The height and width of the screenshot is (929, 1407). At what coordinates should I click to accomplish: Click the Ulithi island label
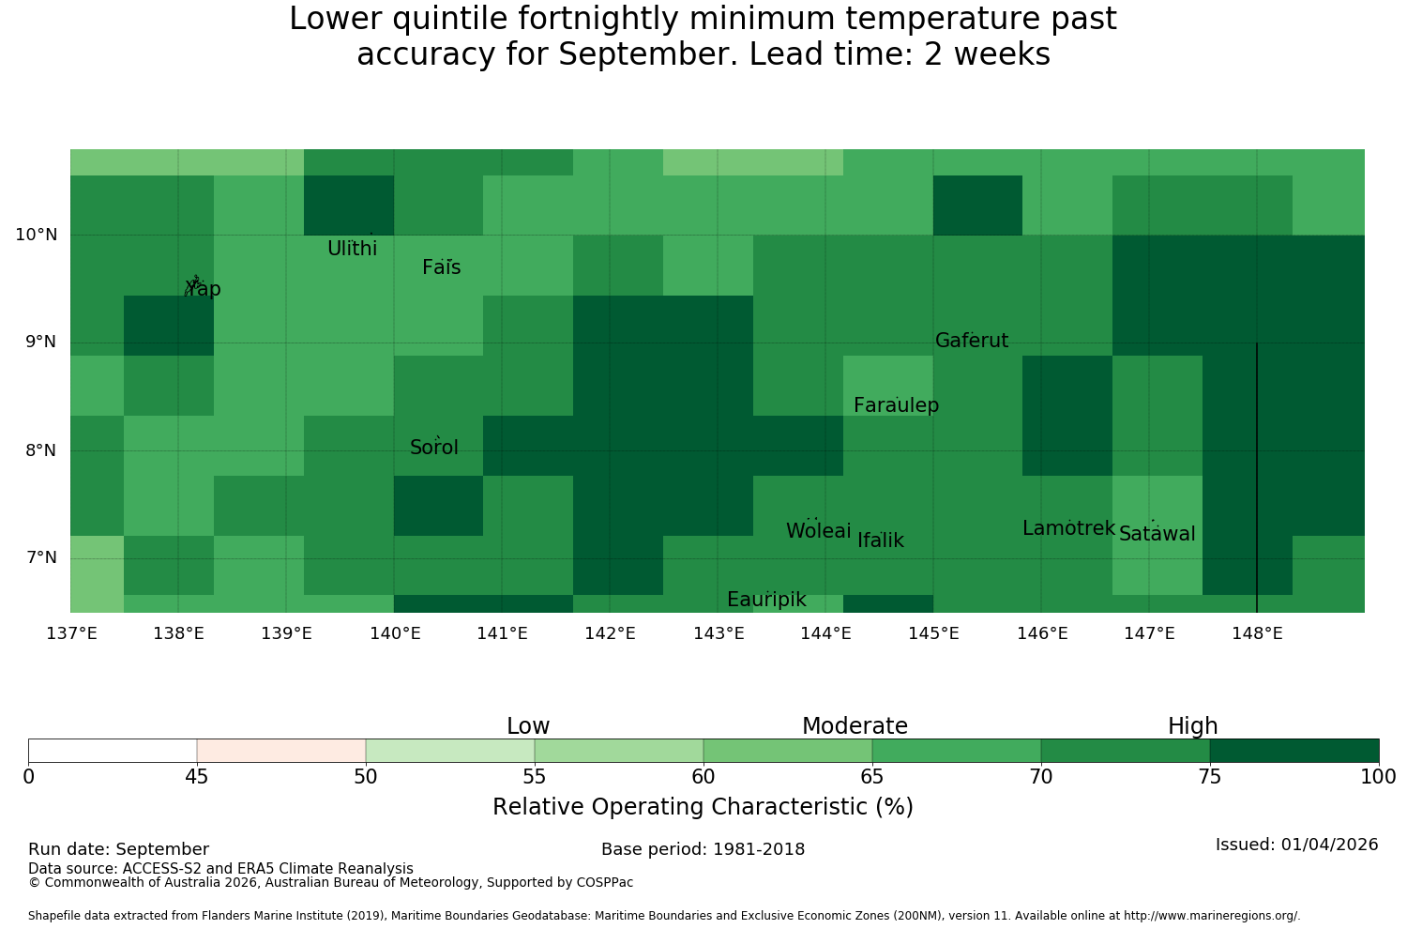tap(353, 249)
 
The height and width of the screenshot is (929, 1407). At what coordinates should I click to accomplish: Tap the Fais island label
tap(442, 267)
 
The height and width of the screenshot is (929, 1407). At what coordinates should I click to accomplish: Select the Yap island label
tap(203, 288)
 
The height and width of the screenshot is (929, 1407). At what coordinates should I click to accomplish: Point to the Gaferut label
tap(972, 340)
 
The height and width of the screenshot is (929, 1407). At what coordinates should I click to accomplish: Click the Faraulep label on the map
tap(897, 405)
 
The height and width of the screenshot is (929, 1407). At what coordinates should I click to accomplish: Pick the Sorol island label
tap(434, 447)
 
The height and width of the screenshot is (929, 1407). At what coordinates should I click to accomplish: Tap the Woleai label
tap(819, 530)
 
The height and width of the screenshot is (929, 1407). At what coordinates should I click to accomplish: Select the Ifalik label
tap(881, 540)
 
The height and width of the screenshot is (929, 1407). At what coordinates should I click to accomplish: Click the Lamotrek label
tap(1069, 528)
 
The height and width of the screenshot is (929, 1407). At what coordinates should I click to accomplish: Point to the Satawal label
tap(1157, 534)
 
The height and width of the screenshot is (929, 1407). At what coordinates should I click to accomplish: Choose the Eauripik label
tap(766, 600)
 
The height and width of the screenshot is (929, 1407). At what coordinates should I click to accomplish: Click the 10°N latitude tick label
tap(37, 235)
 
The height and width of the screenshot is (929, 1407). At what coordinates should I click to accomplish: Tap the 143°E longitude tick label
tap(719, 633)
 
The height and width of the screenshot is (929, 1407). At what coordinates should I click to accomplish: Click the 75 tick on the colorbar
tap(1210, 777)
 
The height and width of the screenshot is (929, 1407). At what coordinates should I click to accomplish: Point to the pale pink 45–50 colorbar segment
tap(281, 751)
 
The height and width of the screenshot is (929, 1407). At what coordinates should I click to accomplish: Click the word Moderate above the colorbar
tap(855, 726)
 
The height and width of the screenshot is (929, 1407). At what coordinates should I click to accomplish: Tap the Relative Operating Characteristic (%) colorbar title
tap(703, 806)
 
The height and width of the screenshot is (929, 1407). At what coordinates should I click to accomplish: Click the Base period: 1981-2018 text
tap(703, 849)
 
